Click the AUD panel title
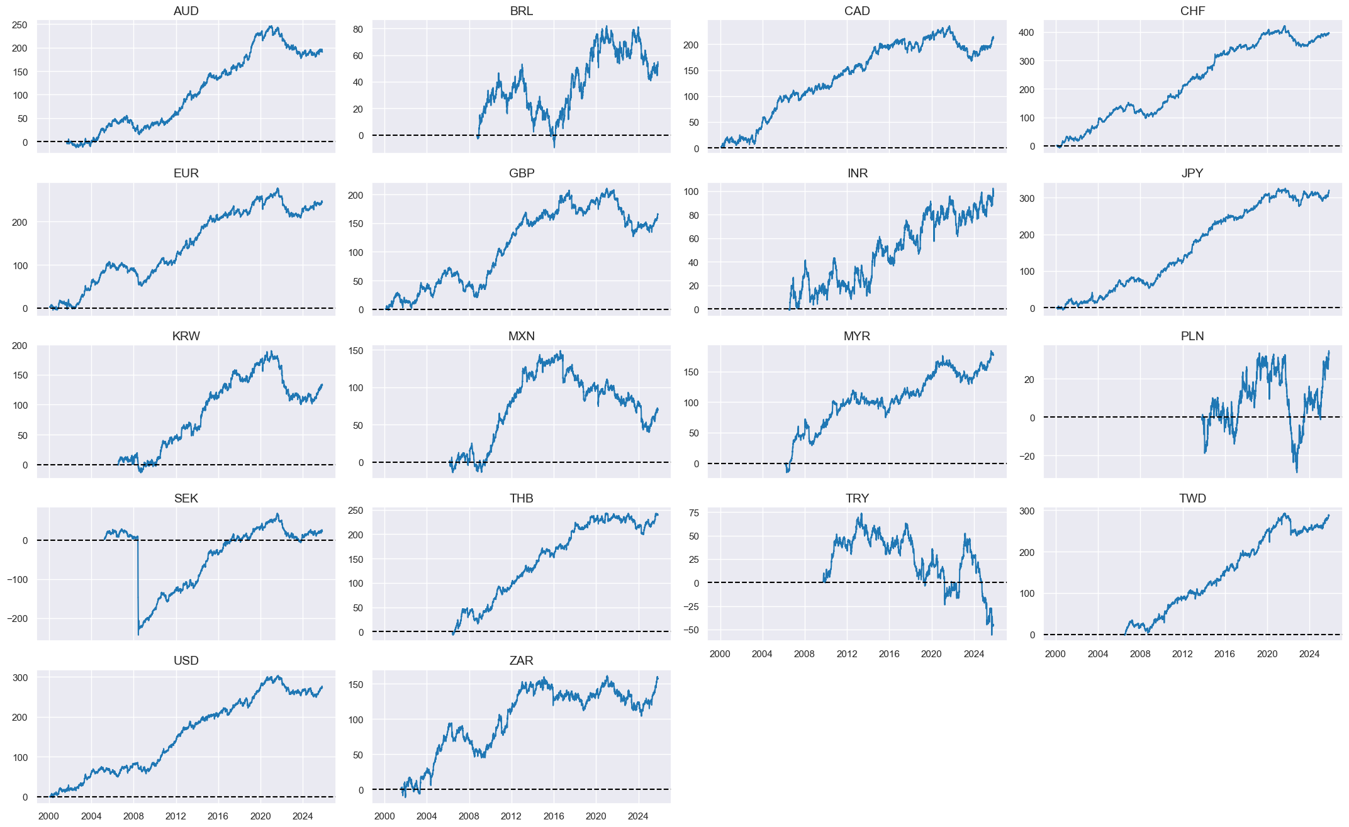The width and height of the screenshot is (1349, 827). coord(186,11)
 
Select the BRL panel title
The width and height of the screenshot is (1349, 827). coord(521,11)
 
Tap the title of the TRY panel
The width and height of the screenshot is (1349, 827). coord(857,499)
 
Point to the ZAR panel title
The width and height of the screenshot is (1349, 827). coord(521,661)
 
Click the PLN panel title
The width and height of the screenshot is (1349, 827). coord(1192,336)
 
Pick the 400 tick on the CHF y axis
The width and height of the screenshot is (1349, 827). coord(1027,33)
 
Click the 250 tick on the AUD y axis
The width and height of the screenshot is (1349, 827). coord(20,26)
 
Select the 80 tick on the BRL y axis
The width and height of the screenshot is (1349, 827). coord(358,29)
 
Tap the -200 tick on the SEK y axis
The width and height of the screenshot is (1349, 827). coord(17,619)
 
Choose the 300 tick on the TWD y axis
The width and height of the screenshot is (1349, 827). coord(1027,511)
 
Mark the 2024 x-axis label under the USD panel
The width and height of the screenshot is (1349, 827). coord(303,817)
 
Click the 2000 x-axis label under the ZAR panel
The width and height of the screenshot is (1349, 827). coord(384,817)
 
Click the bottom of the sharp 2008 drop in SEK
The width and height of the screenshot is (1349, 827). coord(138,635)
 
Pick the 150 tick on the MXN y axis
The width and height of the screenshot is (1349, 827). coord(355,351)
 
